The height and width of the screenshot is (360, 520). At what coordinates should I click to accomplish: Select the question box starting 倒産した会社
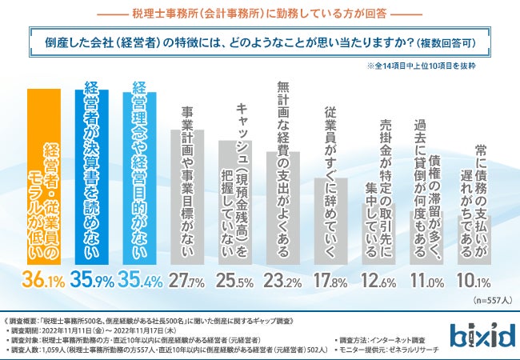260,42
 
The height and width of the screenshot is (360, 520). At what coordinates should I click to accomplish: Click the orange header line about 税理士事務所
260,13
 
